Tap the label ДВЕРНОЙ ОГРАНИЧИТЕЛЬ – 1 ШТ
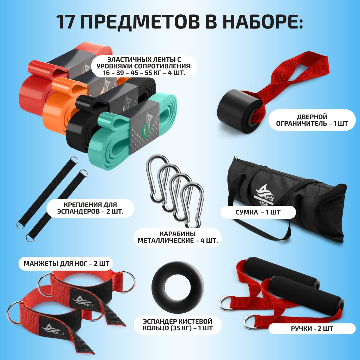(x=312, y=120)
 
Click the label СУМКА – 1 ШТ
(x=258, y=212)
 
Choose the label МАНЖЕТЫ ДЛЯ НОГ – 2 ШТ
(x=67, y=264)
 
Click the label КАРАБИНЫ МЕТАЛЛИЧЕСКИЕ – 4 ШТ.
(x=178, y=237)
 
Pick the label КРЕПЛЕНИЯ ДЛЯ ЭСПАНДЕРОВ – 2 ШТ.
(x=90, y=208)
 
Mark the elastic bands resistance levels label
(x=144, y=66)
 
